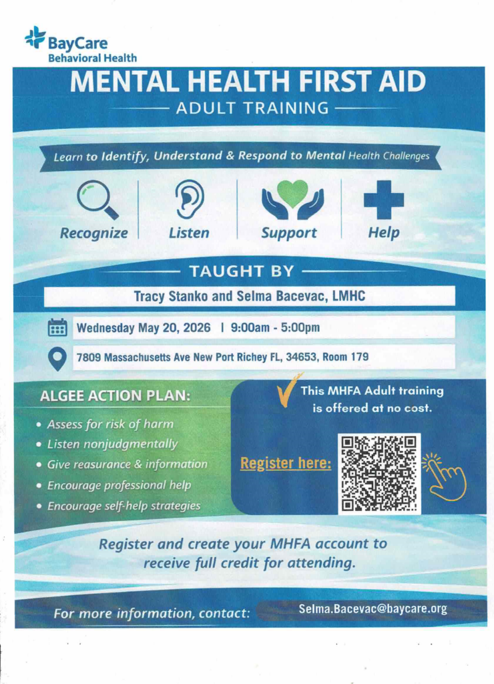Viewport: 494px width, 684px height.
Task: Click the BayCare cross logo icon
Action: [35, 37]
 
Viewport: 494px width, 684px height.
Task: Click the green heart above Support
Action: [292, 192]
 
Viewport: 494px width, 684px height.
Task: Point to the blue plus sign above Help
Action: [383, 199]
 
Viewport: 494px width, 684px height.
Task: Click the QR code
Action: [379, 474]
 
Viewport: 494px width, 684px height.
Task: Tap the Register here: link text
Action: [286, 462]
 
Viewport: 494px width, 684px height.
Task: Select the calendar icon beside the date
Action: [58, 328]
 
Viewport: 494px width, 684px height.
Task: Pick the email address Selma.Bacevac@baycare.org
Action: [373, 609]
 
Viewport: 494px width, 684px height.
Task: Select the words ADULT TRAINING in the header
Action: [252, 108]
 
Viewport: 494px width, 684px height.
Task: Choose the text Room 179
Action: [345, 357]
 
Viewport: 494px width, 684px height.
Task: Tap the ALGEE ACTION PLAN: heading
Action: [115, 395]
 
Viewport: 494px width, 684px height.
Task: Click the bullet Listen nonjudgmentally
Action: [112, 444]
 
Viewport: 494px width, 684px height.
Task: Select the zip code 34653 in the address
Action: [301, 357]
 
